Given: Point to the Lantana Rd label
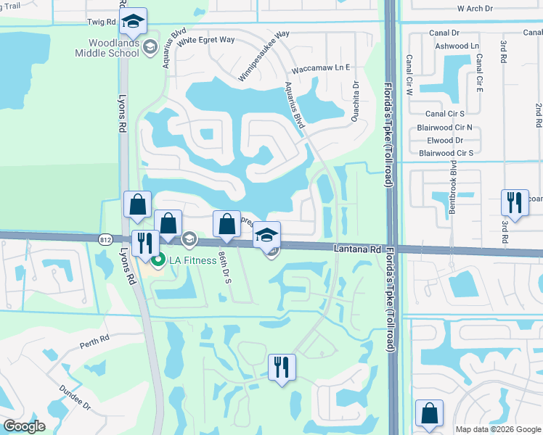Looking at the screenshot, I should tap(357, 249).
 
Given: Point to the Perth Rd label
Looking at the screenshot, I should tap(94, 339).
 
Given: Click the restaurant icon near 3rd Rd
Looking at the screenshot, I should tap(515, 203).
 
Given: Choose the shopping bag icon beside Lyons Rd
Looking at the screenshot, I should tap(137, 206).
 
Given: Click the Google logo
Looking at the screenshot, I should tap(25, 426).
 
